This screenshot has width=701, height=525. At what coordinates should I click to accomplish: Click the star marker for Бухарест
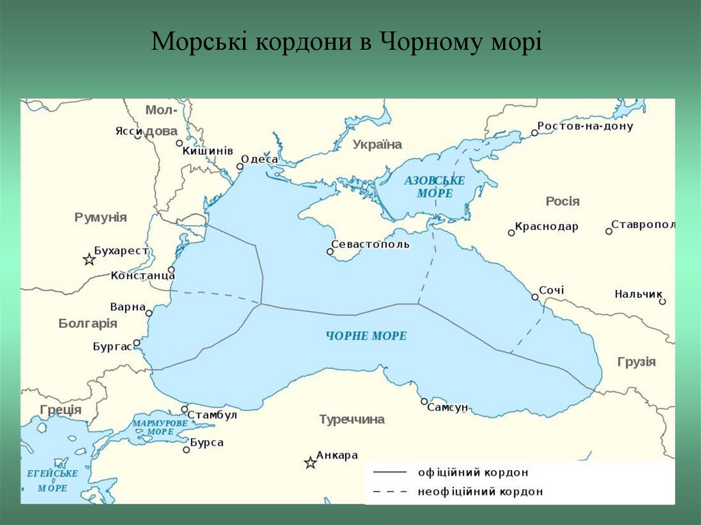(x=89, y=259)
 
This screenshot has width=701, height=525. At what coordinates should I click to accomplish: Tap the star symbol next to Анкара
(x=310, y=463)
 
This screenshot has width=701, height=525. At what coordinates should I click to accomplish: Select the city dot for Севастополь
(x=330, y=252)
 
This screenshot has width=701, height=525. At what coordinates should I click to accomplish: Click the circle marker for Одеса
(x=240, y=166)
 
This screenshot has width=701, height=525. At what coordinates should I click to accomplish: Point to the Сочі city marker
(x=535, y=297)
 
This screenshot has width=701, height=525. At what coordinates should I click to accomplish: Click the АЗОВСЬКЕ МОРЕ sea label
(x=434, y=187)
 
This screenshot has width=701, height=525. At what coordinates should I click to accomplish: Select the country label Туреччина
(x=352, y=420)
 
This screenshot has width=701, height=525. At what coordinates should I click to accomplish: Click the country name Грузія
(x=636, y=362)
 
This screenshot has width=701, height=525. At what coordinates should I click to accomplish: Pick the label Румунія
(x=101, y=217)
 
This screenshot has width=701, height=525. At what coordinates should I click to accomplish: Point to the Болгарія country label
(x=88, y=323)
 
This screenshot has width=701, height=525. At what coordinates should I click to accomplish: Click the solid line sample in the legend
(x=390, y=472)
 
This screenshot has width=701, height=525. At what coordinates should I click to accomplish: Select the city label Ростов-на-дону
(x=585, y=126)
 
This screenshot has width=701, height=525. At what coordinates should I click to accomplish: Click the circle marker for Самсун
(x=424, y=402)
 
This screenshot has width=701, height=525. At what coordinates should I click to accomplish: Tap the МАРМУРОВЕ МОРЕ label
(x=160, y=428)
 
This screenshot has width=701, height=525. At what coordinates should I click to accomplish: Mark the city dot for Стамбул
(x=184, y=409)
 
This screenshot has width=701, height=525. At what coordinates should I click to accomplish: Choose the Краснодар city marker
(x=511, y=233)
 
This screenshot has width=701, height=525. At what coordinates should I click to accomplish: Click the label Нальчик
(x=638, y=294)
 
